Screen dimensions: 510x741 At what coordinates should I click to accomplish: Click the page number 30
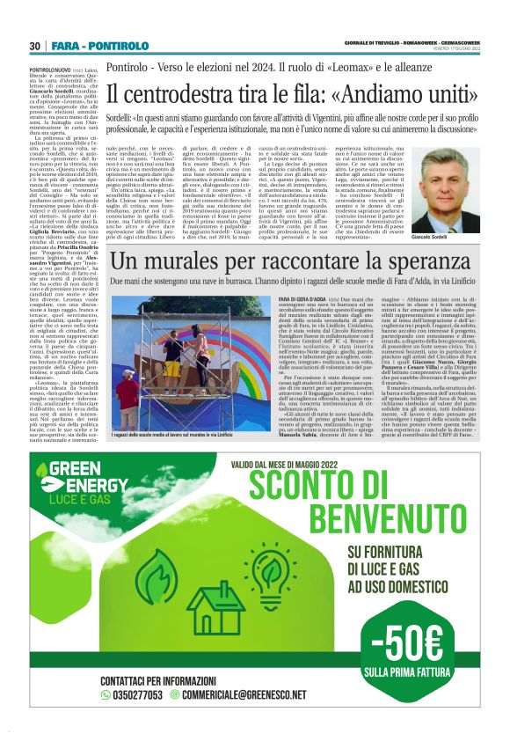point(34,46)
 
